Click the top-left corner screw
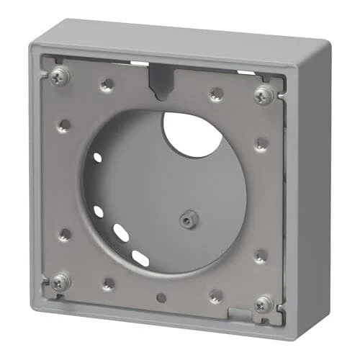click(x=59, y=74)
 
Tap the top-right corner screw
click(x=264, y=93)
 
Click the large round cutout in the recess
click(x=192, y=133)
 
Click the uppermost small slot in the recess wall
click(x=98, y=157)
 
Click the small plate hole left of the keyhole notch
click(x=107, y=84)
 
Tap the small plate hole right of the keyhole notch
click(x=216, y=94)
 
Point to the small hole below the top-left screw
click(x=64, y=125)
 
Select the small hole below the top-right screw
click(x=261, y=143)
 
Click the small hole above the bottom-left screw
click(x=65, y=234)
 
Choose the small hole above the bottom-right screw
click(x=261, y=256)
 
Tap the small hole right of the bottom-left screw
click(x=108, y=284)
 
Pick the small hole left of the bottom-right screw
click(x=216, y=294)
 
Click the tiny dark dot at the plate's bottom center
click(x=161, y=297)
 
